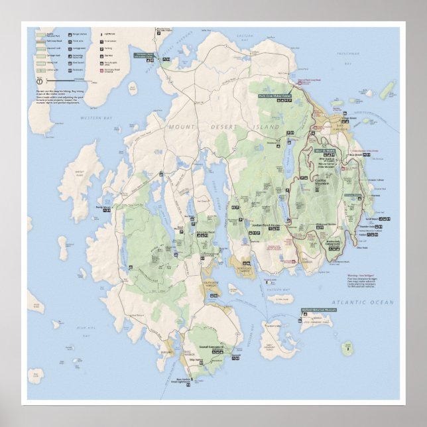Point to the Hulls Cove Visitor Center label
(x=276, y=95)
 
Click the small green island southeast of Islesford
(x=346, y=347)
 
